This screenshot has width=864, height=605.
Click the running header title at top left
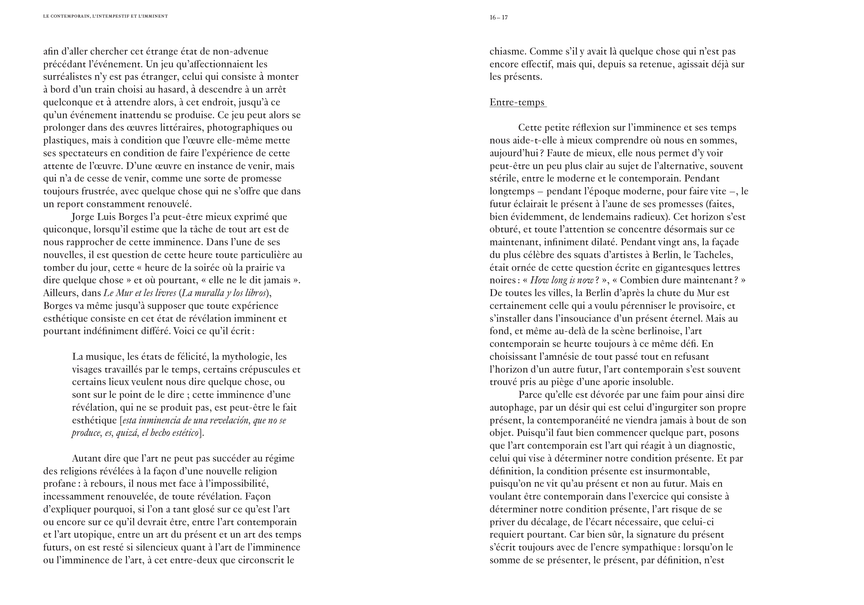click(105, 16)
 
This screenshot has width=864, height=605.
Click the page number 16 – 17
click(499, 17)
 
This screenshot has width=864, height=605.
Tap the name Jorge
click(83, 217)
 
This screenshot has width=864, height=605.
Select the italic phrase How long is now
click(561, 280)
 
